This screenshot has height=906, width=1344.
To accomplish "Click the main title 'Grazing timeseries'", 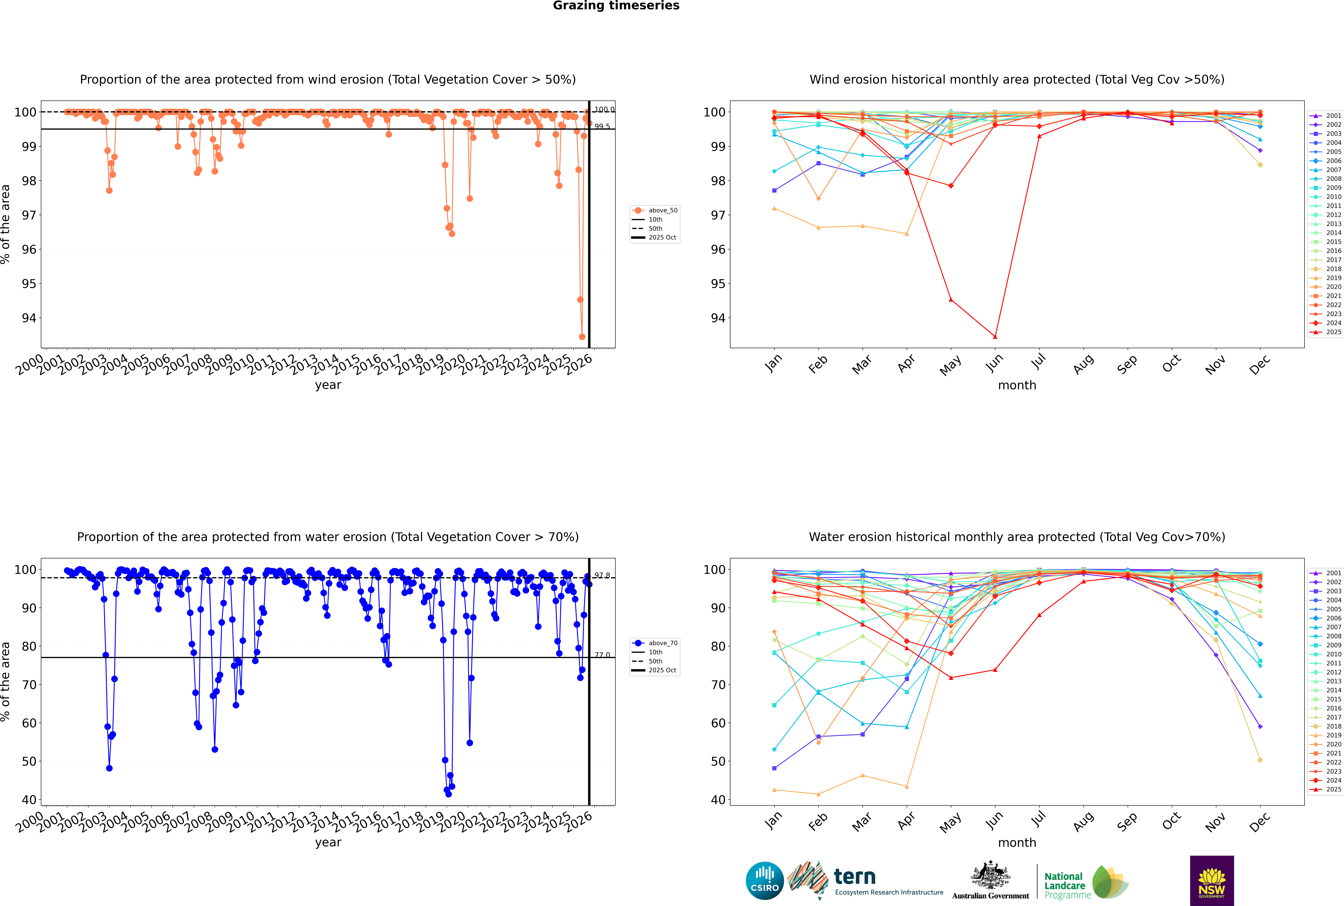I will pos(616,6).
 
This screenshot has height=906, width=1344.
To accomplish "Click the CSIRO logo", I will pos(764,881).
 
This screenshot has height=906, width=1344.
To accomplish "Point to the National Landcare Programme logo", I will pos(1085,882).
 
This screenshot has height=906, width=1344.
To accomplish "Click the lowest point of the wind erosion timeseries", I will pos(582,337).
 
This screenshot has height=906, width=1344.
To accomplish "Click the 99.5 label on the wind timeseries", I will pos(602,126).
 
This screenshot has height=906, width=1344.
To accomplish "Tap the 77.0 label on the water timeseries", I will pos(602,655).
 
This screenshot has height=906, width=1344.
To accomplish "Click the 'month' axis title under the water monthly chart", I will pos(1017,843).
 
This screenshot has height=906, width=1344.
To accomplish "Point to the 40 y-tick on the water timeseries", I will pos(29,800).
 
